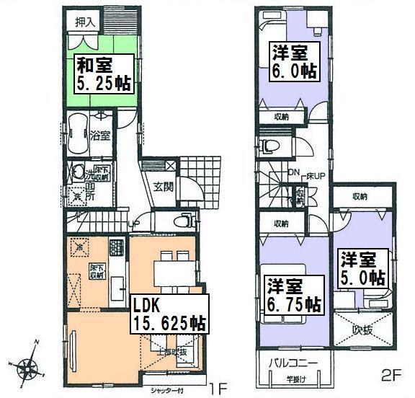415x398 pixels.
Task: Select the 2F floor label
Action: (390, 377)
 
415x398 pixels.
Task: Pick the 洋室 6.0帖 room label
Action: (293, 61)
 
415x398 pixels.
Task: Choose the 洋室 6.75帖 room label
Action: (293, 295)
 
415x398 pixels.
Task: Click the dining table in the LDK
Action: (174, 271)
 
